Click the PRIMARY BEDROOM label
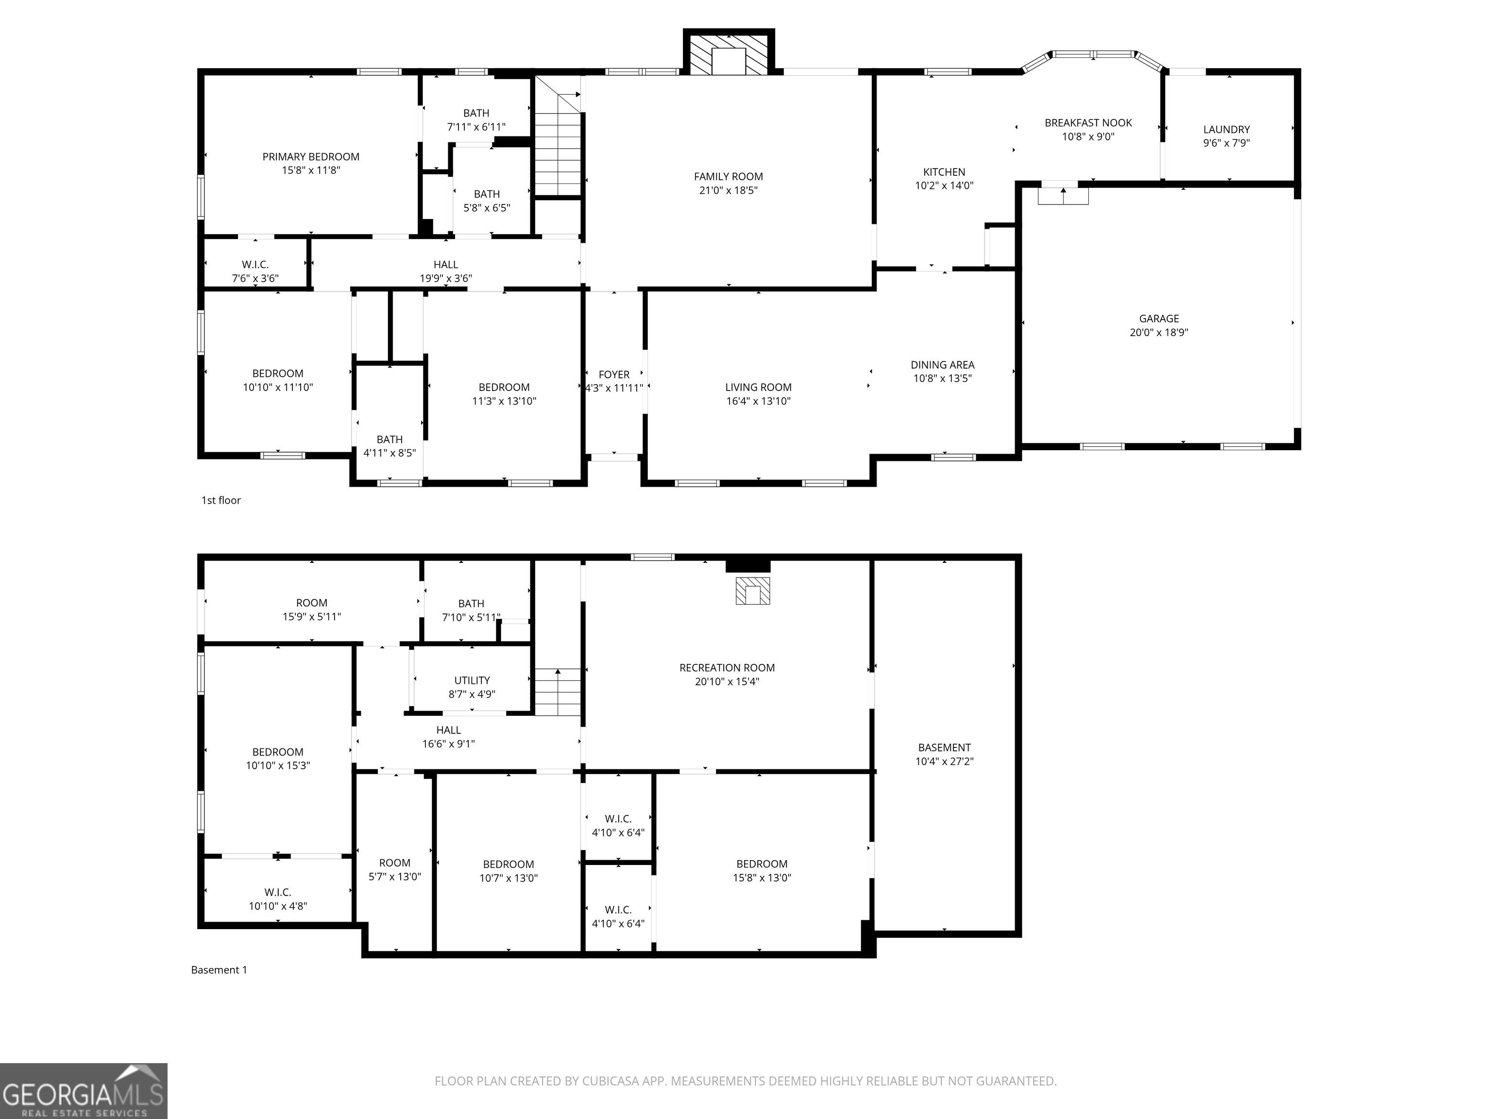pos(310,156)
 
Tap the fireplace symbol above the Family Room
pos(729,55)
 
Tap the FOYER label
pos(614,374)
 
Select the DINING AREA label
pos(942,365)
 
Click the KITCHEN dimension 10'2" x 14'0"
pos(944,186)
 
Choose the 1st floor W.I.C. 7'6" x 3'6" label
pos(255,271)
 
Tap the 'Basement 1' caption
pos(219,970)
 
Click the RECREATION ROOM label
pos(727,668)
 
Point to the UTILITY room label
pos(472,680)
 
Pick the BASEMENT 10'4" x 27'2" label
pos(944,754)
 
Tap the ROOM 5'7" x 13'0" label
pos(394,869)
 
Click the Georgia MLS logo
pos(83,1091)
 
